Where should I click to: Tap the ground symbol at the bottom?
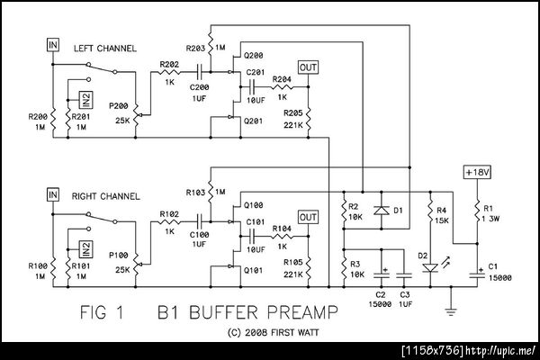coord(450,311)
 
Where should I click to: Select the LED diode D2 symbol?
coord(431,267)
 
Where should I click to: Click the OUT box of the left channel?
coord(308,68)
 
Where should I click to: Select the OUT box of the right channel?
coord(308,217)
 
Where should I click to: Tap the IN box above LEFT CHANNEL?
coord(53,44)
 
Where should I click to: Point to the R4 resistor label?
coord(441,211)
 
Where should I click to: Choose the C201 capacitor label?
coord(254,72)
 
